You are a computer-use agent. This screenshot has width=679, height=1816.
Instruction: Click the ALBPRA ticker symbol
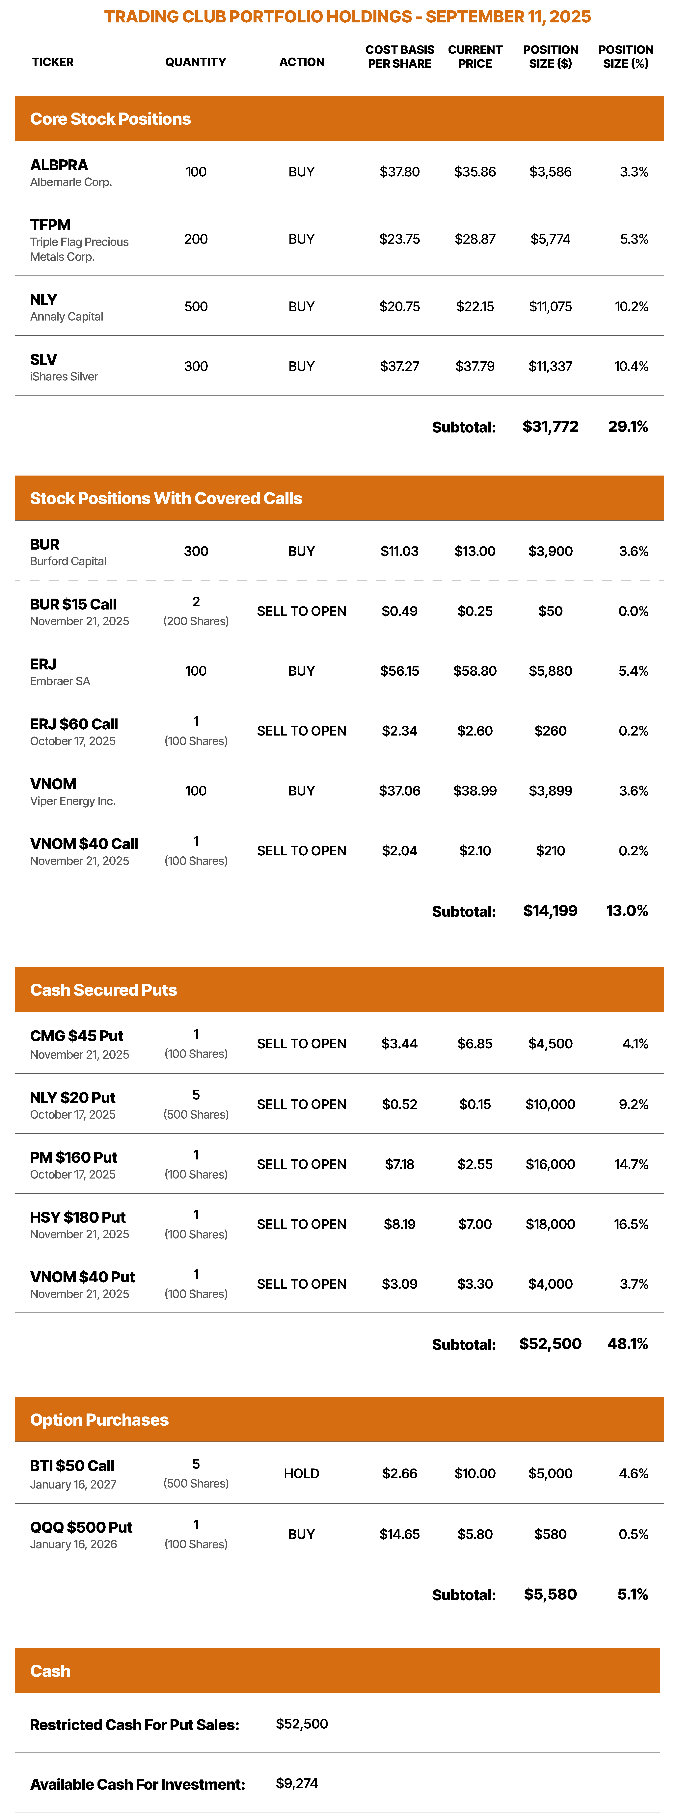point(59,165)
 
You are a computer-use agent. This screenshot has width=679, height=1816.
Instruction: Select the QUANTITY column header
point(196,62)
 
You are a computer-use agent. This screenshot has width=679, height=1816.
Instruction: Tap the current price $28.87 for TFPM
point(475,239)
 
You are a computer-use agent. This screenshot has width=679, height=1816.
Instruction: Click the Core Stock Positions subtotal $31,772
point(551,427)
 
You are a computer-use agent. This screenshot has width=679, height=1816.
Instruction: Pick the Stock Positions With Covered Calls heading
point(166,498)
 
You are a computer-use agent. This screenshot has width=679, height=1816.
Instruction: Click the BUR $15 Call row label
point(73,604)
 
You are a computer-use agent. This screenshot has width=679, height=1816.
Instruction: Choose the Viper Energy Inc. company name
point(73,801)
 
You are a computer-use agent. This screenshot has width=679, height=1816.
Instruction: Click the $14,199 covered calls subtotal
point(551,911)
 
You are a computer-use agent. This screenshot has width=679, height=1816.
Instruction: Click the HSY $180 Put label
point(78,1217)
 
